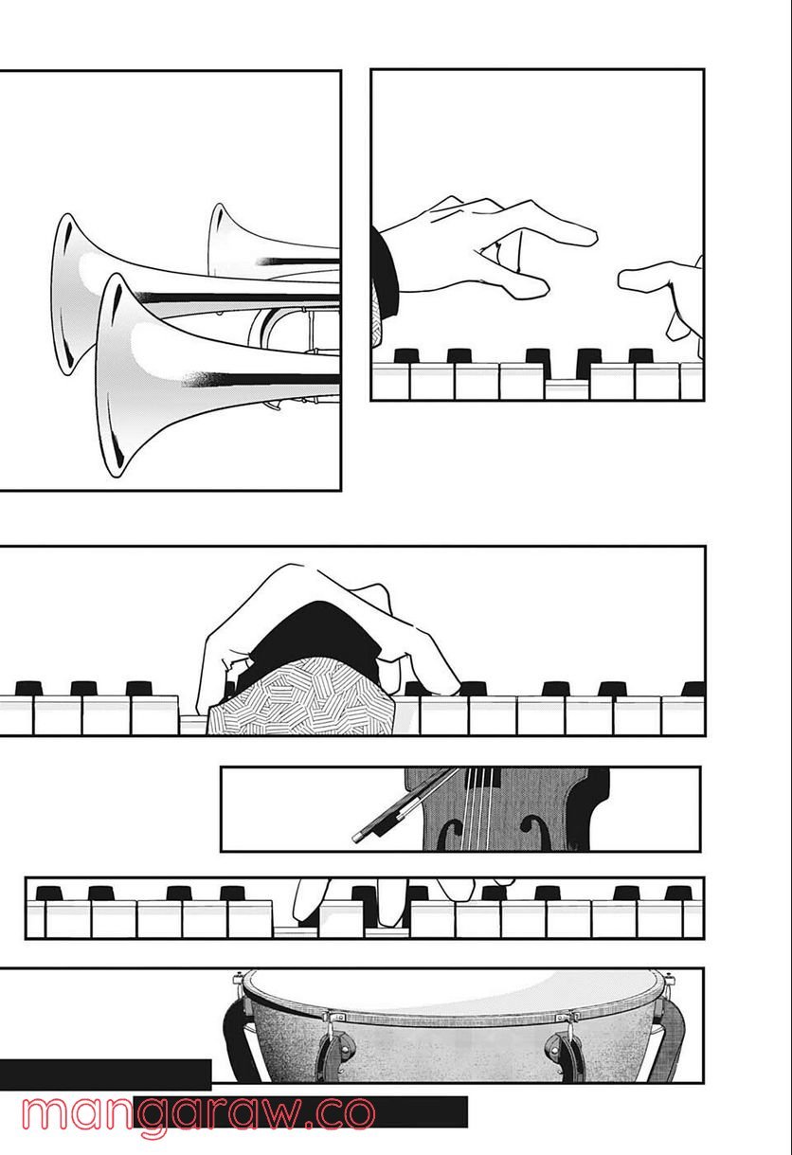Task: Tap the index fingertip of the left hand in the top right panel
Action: click(587, 231)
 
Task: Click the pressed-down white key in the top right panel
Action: click(567, 388)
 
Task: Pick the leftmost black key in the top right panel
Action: click(406, 356)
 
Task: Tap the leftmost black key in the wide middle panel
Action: click(28, 687)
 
